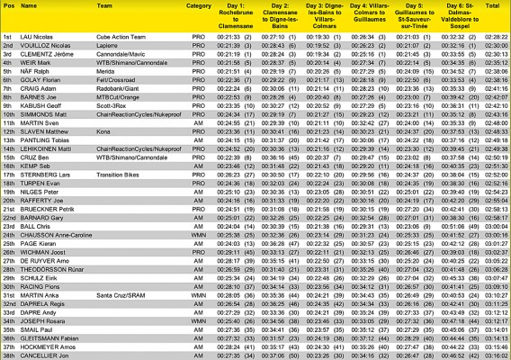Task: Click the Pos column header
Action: pyautogui.click(x=8, y=6)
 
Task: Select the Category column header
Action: pyautogui.click(x=198, y=6)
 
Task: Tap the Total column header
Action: pyautogui.click(x=492, y=6)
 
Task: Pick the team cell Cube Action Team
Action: pyautogui.click(x=116, y=36)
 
